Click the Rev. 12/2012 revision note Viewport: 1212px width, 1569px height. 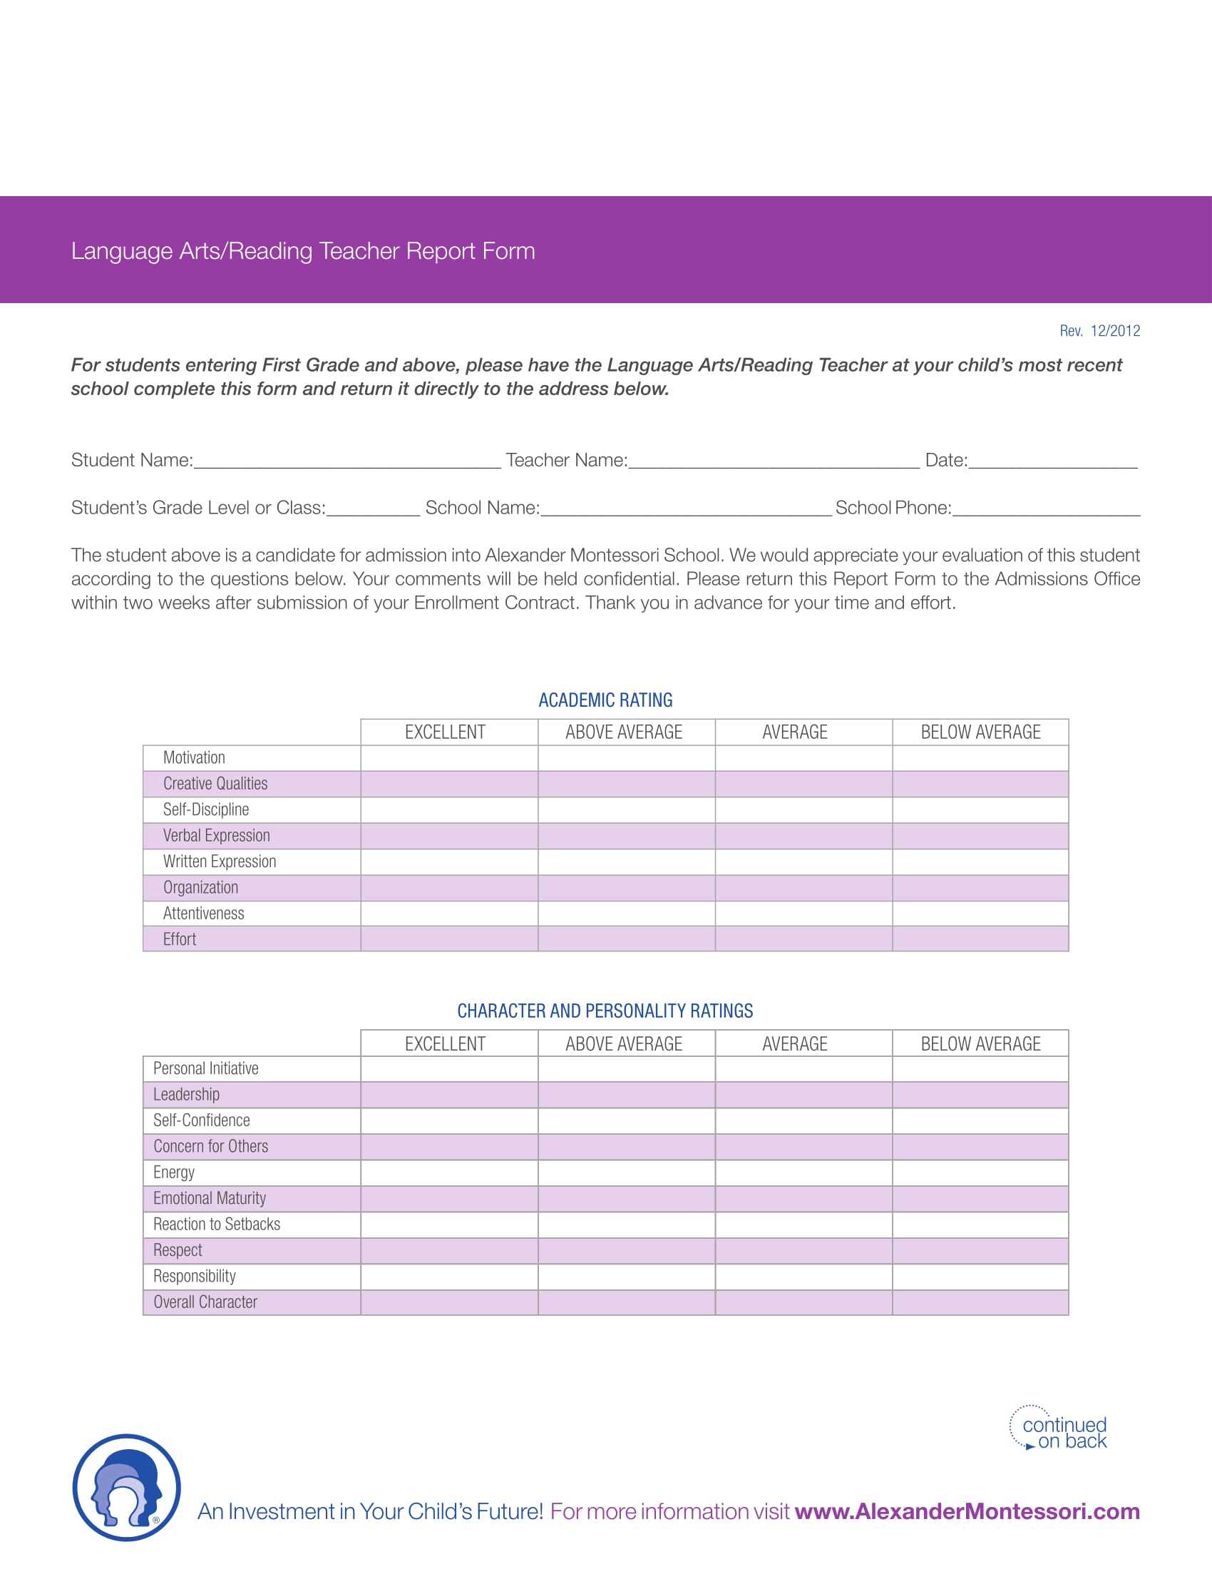(x=1099, y=330)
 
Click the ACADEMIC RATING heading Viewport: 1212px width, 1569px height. (x=605, y=700)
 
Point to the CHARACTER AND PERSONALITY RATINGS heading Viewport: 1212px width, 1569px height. (x=605, y=1011)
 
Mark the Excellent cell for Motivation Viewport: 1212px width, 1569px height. (x=448, y=758)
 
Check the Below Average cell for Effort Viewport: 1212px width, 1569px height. (x=980, y=939)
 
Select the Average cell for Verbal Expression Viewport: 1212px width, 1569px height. (x=803, y=836)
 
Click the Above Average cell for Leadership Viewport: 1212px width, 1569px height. (x=626, y=1095)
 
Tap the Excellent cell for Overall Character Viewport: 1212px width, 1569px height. (x=448, y=1302)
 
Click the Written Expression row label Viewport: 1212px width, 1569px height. (x=219, y=862)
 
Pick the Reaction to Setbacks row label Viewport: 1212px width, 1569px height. (x=216, y=1224)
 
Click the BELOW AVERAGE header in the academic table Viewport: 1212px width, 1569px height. (x=980, y=732)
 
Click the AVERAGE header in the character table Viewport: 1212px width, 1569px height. (x=794, y=1044)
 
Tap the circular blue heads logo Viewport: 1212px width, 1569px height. (x=126, y=1487)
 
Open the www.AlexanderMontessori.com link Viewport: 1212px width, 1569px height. (x=967, y=1511)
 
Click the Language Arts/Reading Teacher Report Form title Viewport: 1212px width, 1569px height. (x=302, y=251)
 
